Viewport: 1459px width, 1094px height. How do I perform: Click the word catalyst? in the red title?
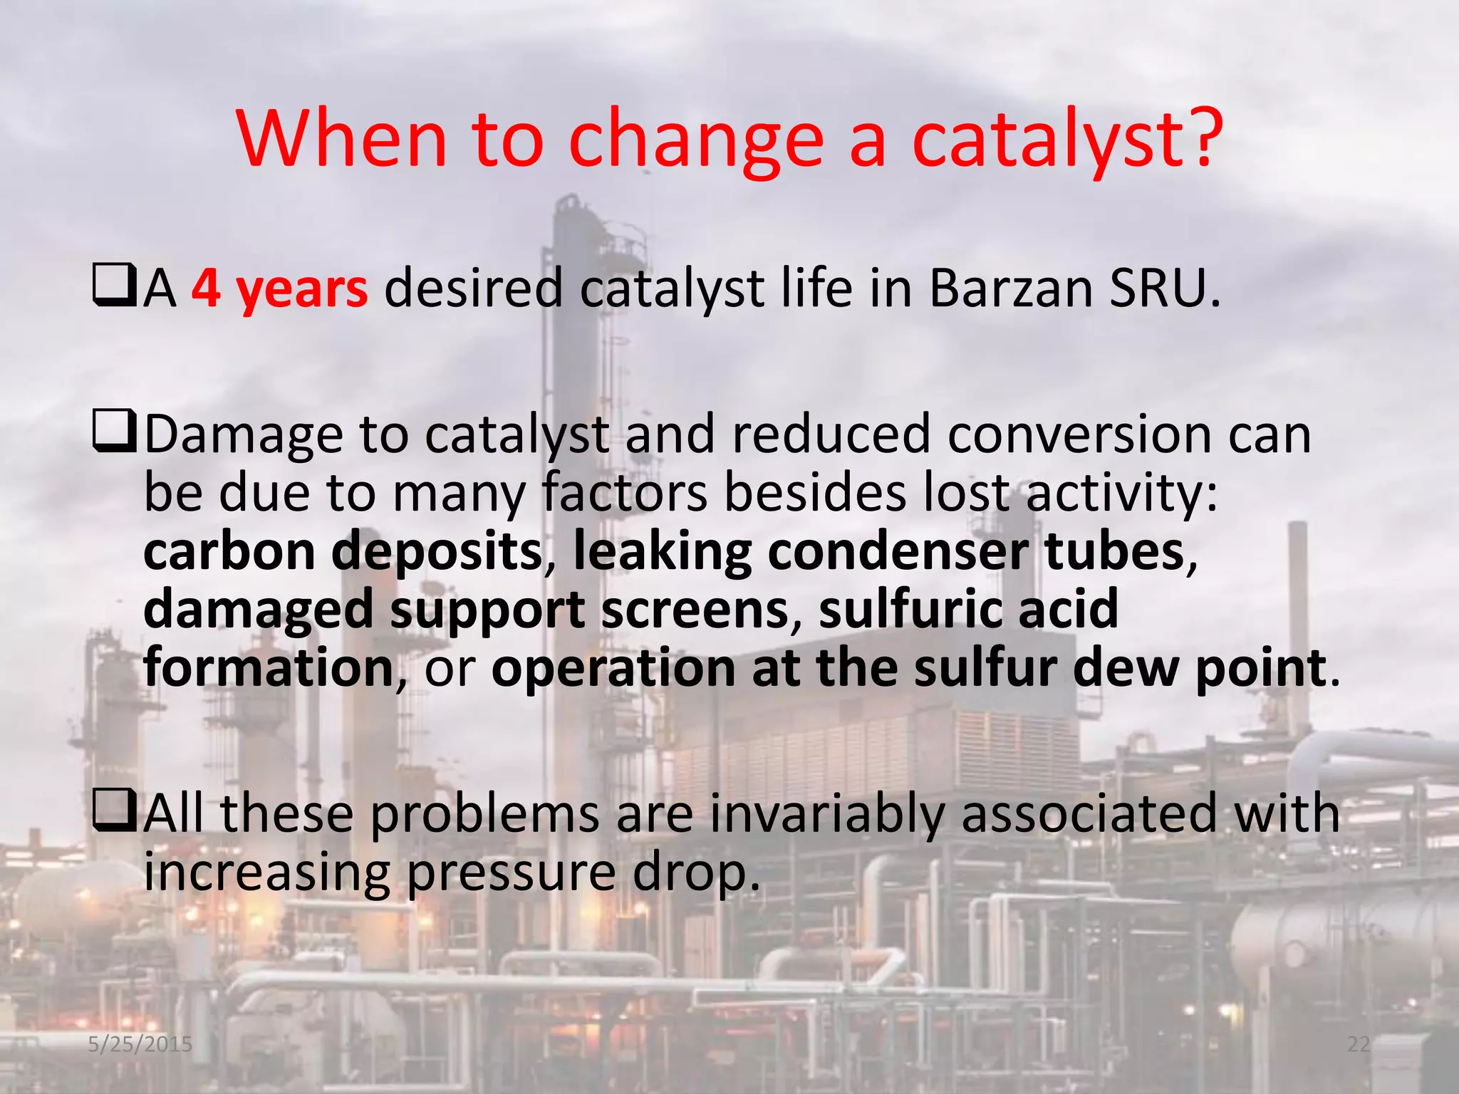coord(1067,139)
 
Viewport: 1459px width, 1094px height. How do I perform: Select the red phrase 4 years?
coord(279,289)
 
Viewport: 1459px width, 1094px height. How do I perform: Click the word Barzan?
coord(1009,289)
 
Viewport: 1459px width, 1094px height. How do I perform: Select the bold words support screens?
coord(588,611)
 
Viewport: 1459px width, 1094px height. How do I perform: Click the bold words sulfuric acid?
coord(968,611)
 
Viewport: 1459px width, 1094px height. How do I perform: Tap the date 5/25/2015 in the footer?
coord(140,1044)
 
